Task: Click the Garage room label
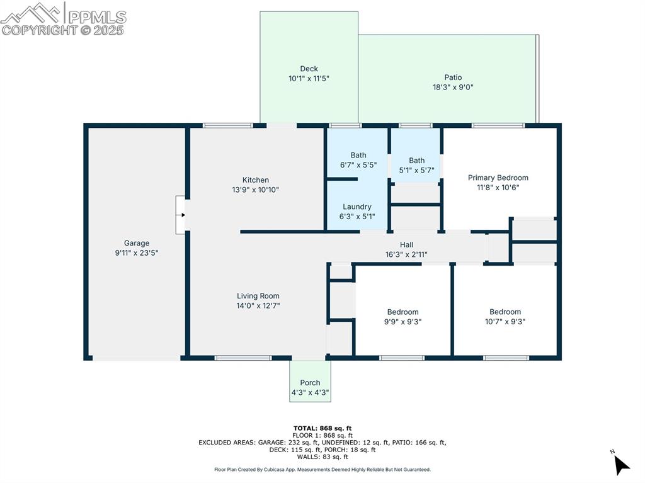137,243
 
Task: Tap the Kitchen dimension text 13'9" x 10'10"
256,190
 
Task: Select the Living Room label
258,296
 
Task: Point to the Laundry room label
357,207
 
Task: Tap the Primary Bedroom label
498,178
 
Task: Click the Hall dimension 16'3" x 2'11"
406,254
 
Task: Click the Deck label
309,69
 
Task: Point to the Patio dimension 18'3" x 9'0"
453,87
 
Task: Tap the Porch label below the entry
310,383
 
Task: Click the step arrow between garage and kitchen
181,215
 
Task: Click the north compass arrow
621,465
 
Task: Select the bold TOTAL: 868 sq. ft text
322,428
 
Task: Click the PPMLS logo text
97,17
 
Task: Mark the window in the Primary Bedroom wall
498,125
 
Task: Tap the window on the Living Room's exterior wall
243,358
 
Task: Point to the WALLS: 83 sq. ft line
322,457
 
